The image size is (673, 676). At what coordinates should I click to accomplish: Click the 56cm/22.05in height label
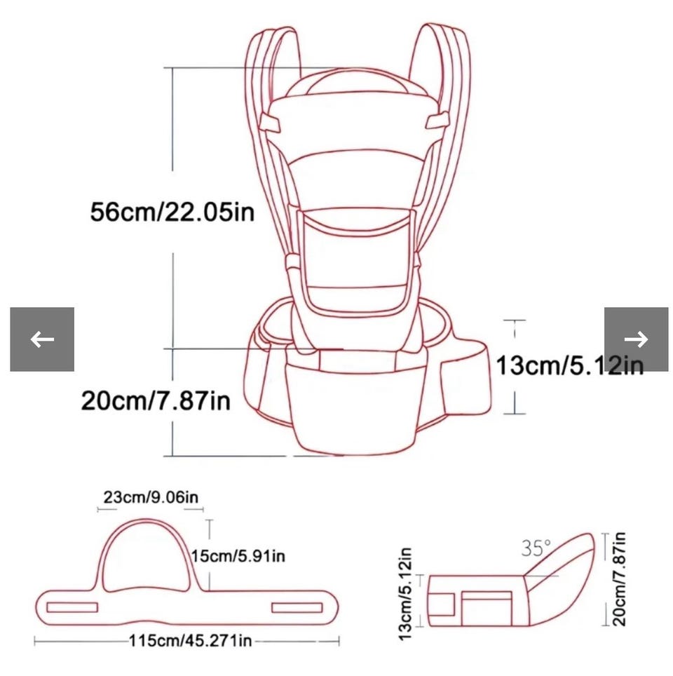click(x=172, y=212)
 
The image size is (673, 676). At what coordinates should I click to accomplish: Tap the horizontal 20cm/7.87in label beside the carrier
click(x=156, y=400)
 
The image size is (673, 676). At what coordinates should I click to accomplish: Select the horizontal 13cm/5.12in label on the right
click(x=570, y=365)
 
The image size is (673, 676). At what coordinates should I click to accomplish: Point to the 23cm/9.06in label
click(x=151, y=497)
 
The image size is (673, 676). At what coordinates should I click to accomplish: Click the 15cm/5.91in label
click(x=238, y=555)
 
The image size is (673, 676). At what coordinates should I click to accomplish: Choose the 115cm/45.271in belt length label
click(x=190, y=641)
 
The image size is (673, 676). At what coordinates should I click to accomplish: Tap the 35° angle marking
click(x=536, y=548)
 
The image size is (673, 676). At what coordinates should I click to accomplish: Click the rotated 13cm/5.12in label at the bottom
click(x=405, y=595)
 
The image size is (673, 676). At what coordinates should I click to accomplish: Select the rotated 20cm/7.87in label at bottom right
click(x=619, y=579)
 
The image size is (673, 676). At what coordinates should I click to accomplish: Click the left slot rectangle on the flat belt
click(x=72, y=607)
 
